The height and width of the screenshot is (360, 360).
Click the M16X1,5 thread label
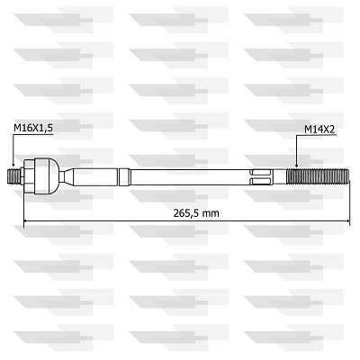[33, 128]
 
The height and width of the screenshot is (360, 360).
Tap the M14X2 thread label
[319, 130]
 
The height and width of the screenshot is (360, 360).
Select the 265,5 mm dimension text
[196, 213]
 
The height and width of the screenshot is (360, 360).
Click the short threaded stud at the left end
[14, 177]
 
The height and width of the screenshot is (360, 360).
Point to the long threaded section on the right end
[318, 177]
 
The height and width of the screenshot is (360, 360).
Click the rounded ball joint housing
[47, 176]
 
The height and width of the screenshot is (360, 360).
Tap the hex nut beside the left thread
[29, 176]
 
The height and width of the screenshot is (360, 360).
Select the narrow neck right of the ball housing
[66, 176]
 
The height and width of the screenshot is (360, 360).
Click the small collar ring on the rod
[124, 177]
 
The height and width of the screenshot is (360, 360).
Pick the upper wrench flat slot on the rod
[261, 173]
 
